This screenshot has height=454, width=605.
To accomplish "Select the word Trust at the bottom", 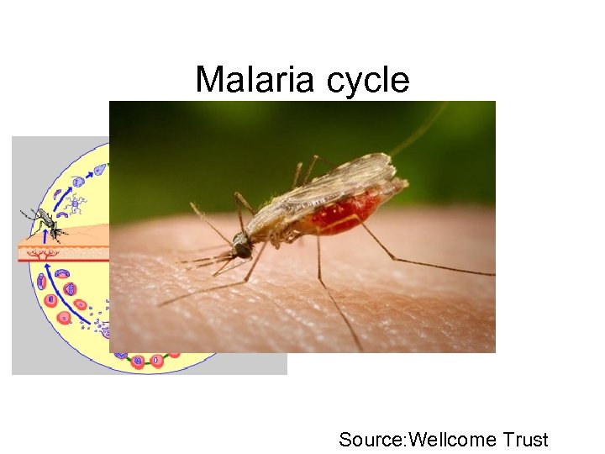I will coord(526,439).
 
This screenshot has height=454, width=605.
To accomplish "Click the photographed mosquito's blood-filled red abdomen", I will coord(345,214).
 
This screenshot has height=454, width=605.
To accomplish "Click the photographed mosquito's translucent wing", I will coord(336,181).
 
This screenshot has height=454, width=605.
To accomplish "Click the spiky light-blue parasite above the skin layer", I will coord(75,203).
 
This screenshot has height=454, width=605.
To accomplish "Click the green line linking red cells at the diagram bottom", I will coord(168,356).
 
